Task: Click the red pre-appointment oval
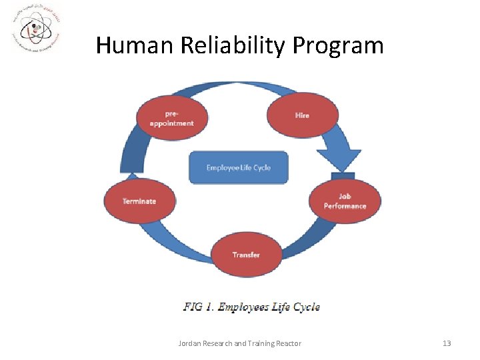[171, 118]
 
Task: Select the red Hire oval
[302, 115]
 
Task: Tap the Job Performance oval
[345, 201]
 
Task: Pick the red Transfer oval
[246, 255]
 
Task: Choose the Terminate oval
[139, 201]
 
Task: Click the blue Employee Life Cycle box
[239, 167]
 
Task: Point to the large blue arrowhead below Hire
[338, 160]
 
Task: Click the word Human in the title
[133, 45]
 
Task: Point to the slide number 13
[447, 343]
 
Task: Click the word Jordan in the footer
[190, 343]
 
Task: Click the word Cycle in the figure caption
[306, 307]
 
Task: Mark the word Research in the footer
[219, 343]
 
